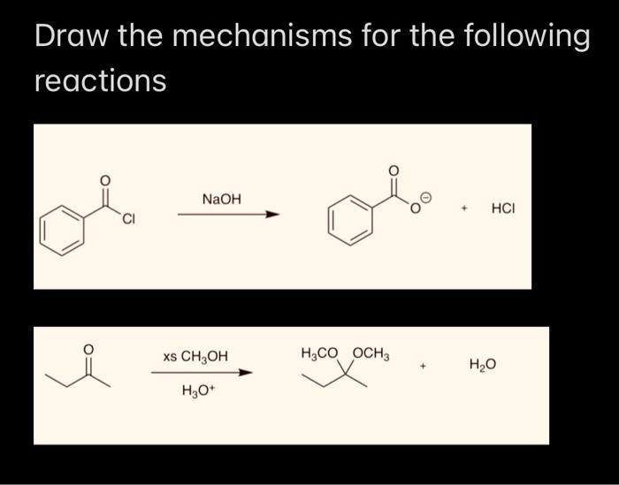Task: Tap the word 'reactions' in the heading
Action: (x=100, y=81)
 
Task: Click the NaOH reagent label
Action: (x=221, y=200)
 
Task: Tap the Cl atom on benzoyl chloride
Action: (x=128, y=218)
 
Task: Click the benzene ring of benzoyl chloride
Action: (x=66, y=229)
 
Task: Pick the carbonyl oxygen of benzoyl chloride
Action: (x=105, y=181)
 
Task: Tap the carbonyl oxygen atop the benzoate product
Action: (x=394, y=170)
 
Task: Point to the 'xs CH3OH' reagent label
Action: (x=195, y=357)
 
